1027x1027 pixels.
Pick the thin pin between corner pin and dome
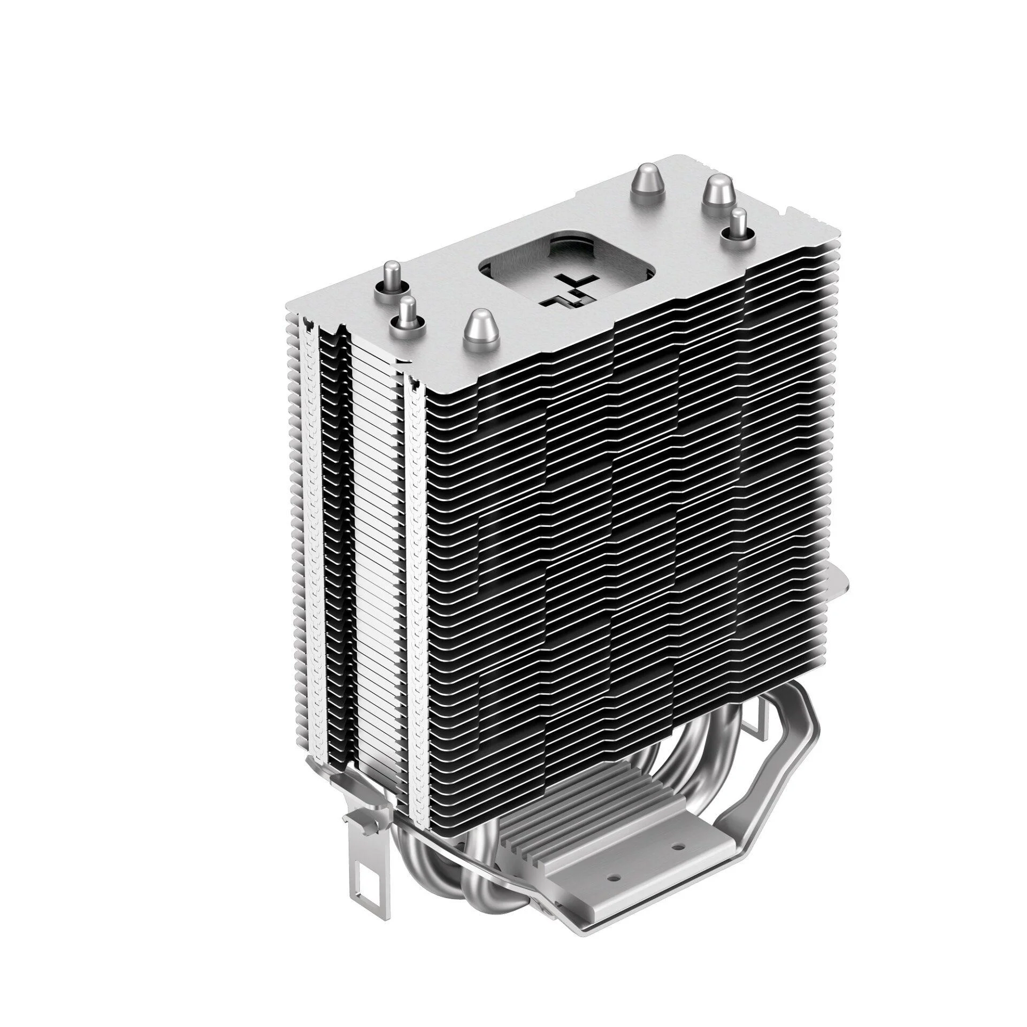click(408, 316)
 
